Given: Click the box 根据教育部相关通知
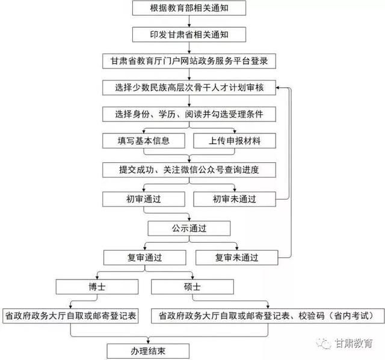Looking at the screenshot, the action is (189, 8).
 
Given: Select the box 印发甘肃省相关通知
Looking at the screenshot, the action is (189, 35).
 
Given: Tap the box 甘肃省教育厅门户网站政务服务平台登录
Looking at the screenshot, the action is (189, 61).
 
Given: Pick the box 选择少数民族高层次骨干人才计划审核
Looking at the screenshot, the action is (189, 88).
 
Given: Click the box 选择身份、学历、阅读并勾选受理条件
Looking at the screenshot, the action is (189, 114).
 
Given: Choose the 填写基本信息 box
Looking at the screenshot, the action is (144, 141).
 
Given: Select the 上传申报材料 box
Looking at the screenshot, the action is (235, 141).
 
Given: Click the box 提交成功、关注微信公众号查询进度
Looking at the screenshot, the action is (189, 169).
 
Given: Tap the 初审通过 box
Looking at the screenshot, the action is (144, 199).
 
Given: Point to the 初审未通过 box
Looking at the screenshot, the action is (235, 199).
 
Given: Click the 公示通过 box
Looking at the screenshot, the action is (189, 228).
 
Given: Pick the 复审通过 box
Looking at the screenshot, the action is (144, 257).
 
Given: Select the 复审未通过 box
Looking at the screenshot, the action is (236, 257).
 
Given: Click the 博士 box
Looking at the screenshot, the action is (97, 287).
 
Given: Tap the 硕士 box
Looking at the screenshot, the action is (192, 287).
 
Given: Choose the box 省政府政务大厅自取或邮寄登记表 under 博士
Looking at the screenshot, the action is (70, 316).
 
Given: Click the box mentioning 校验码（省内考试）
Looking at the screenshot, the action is (268, 316).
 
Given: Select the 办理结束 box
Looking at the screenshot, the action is (148, 351).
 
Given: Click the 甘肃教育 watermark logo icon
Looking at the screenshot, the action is (324, 343).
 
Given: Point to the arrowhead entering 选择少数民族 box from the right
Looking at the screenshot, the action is (278, 88).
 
